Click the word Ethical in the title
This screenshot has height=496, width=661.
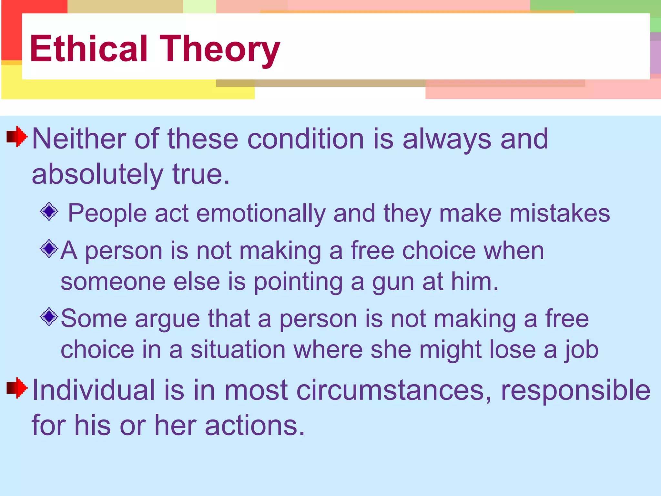click(89, 49)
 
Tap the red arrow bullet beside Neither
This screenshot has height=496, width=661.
click(17, 137)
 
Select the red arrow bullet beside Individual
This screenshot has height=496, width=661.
click(17, 388)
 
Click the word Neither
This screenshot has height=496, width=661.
click(79, 139)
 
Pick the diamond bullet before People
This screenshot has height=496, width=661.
click(49, 212)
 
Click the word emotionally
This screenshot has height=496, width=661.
click(261, 214)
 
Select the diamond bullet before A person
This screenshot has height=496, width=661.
click(49, 249)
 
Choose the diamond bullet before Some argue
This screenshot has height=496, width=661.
click(49, 317)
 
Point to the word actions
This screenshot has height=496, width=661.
click(255, 426)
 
